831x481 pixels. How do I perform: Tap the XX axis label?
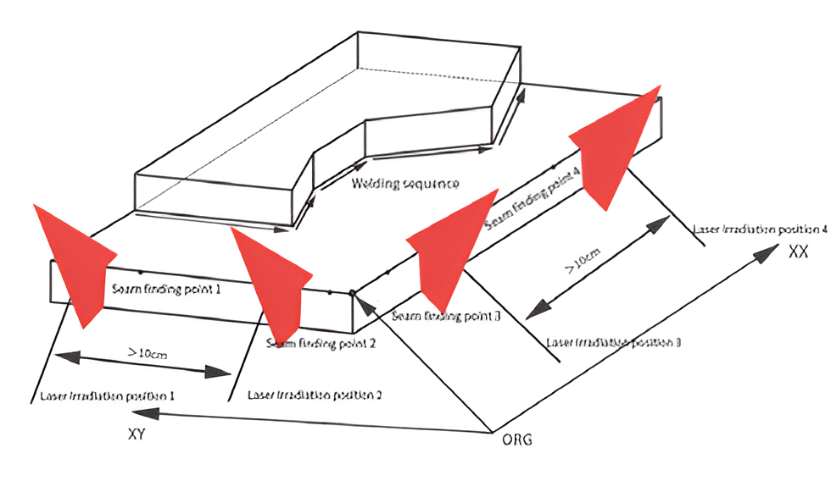798,252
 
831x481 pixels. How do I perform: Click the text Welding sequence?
406,184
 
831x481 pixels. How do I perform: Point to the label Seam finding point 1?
166,289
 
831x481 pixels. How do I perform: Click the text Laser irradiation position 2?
314,395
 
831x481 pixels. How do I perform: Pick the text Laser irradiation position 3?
614,343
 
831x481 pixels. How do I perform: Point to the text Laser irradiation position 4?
759,229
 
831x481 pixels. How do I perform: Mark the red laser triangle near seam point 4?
617,148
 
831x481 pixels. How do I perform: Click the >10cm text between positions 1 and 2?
147,353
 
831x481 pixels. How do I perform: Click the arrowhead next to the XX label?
770,249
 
